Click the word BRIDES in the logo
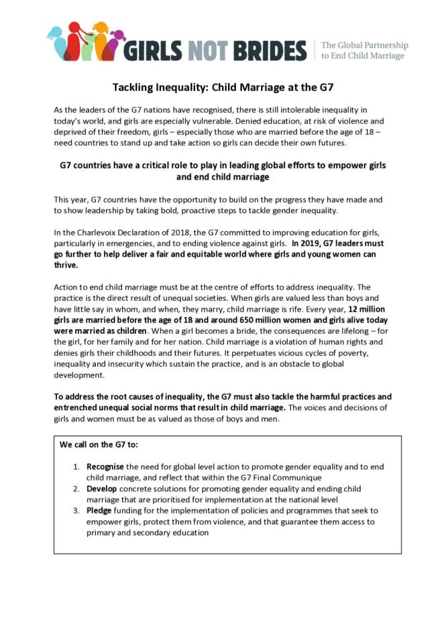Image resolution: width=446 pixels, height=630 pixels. tap(269, 50)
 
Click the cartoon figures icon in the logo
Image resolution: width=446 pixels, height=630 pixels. tap(87, 42)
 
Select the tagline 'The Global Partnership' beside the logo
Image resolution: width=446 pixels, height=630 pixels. tap(364, 46)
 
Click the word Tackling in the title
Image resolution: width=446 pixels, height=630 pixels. tap(133, 88)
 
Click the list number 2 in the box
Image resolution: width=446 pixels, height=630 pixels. tap(76, 489)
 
